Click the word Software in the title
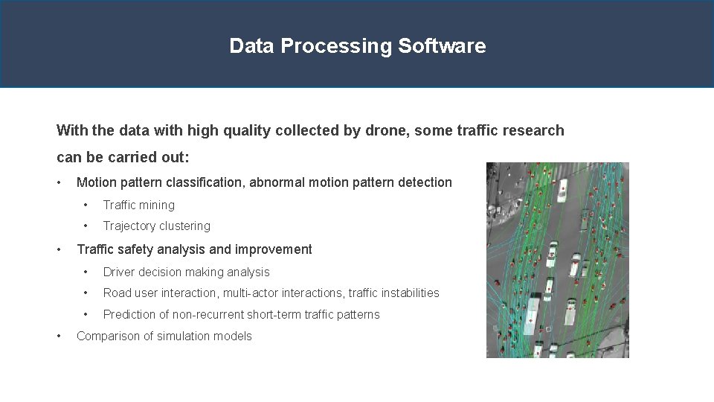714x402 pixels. [x=442, y=46]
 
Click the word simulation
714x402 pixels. [x=173, y=336]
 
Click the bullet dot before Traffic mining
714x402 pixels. [x=87, y=205]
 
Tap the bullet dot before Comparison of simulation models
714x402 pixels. [x=60, y=336]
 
